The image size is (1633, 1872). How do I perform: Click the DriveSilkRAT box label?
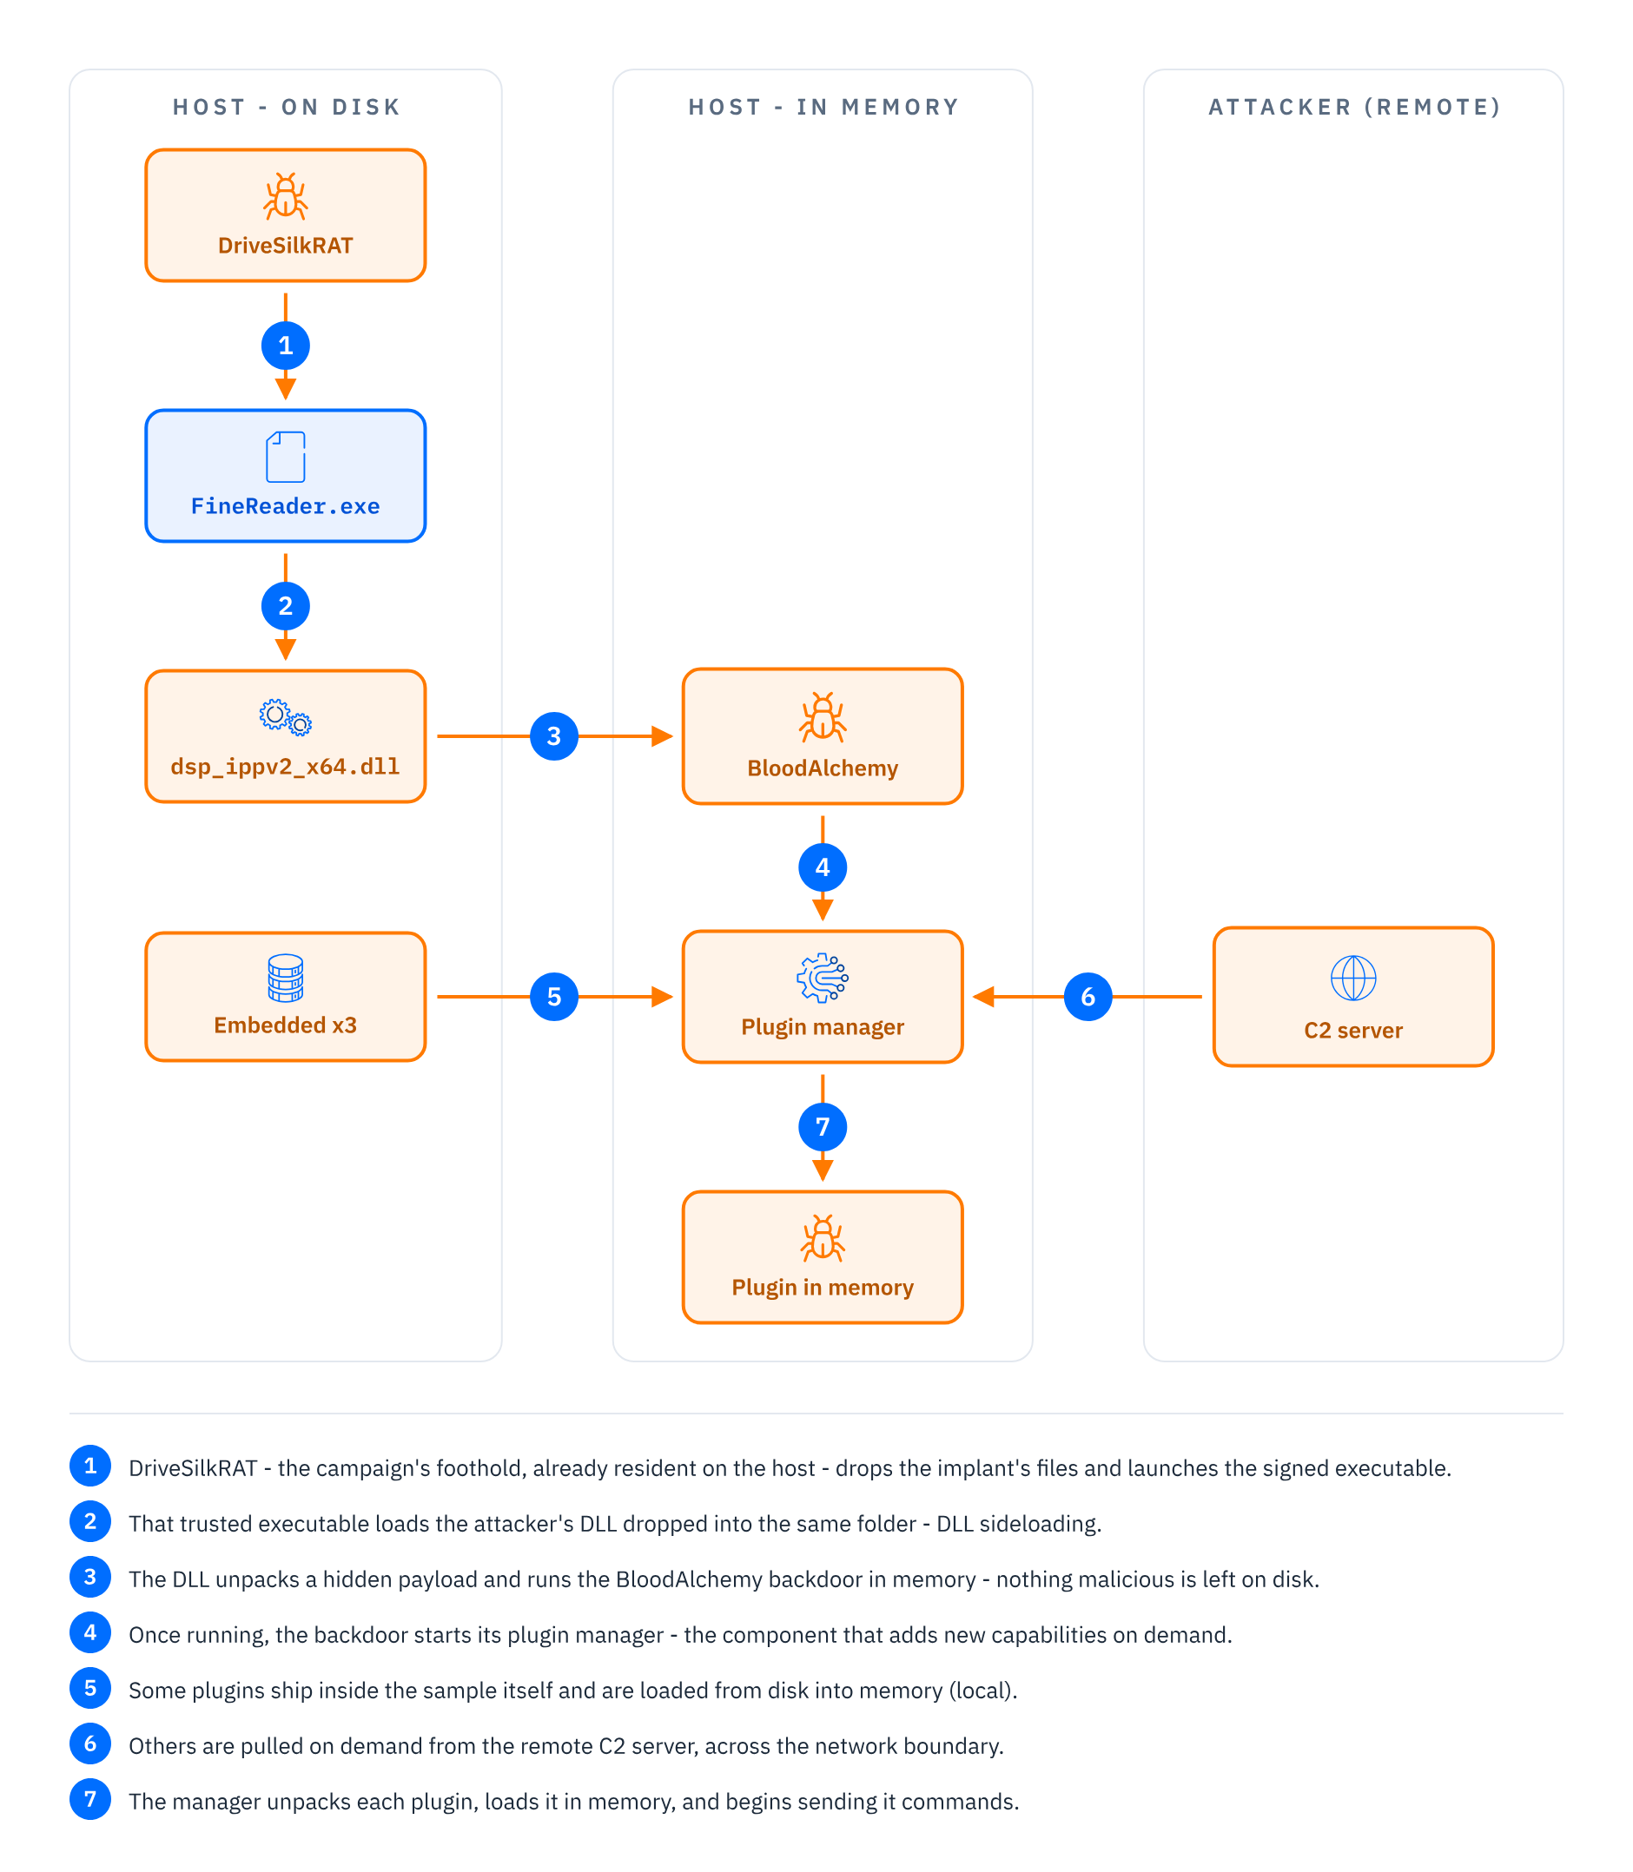coord(285,246)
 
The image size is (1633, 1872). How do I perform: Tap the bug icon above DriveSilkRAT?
coord(285,196)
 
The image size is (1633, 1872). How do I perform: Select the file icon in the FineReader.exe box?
coord(285,457)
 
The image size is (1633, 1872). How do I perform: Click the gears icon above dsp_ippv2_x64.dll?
coord(285,717)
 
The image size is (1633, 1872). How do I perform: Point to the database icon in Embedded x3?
coord(285,978)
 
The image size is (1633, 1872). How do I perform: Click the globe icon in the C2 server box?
coord(1353,979)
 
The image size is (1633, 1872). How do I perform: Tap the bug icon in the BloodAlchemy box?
coord(822,717)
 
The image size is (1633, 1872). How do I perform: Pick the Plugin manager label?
coord(822,1027)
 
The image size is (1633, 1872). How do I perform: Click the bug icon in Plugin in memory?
coord(822,1238)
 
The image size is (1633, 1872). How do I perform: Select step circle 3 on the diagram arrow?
coord(554,736)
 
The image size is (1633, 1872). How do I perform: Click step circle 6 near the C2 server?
coord(1088,997)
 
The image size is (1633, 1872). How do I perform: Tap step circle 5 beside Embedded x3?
coord(554,997)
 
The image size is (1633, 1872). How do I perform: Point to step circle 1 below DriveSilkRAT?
coord(285,346)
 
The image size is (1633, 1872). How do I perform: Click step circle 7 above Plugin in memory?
coord(822,1127)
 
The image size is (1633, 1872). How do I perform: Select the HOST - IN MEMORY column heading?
coord(823,108)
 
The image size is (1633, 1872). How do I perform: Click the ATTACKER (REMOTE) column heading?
coord(1354,108)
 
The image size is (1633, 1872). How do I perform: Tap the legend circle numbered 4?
coord(90,1632)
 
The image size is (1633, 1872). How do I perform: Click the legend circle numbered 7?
coord(90,1799)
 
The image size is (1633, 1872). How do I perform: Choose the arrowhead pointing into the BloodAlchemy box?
coord(663,736)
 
